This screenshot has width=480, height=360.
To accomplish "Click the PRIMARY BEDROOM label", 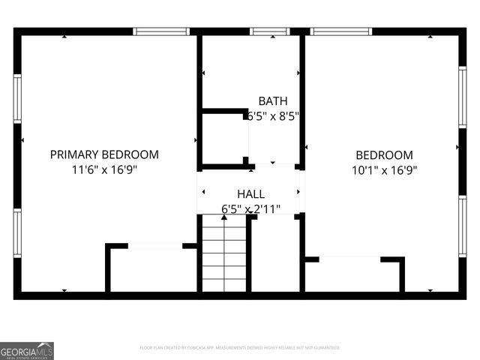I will pyautogui.click(x=104, y=154).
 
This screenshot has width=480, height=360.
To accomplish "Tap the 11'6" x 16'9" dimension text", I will pyautogui.click(x=104, y=169).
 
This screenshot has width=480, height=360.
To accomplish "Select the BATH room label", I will pyautogui.click(x=272, y=101).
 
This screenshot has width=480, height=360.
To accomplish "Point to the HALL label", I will pyautogui.click(x=250, y=194).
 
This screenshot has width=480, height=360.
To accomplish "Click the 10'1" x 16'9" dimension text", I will pyautogui.click(x=384, y=169).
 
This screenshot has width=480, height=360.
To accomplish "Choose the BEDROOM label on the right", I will pyautogui.click(x=384, y=154).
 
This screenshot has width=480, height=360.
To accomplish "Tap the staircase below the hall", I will pyautogui.click(x=224, y=254).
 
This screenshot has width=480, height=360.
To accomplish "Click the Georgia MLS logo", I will pyautogui.click(x=27, y=350).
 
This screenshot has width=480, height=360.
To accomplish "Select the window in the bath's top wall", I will pyautogui.click(x=270, y=31).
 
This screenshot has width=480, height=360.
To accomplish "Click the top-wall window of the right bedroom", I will pyautogui.click(x=341, y=31).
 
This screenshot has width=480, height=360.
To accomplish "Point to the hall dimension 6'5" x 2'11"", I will pyautogui.click(x=250, y=209).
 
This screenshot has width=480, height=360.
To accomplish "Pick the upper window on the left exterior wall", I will pyautogui.click(x=17, y=97).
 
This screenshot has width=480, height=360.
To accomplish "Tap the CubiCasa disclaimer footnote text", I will pyautogui.click(x=240, y=348).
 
